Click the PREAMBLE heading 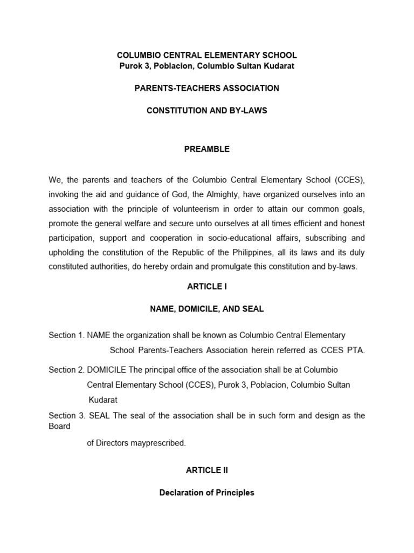point(207,149)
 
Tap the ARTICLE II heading point(207,470)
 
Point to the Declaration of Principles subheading point(207,493)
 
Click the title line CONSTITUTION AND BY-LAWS point(207,110)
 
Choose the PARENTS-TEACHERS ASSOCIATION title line point(207,88)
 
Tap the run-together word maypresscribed point(160,443)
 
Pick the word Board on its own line point(59,426)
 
